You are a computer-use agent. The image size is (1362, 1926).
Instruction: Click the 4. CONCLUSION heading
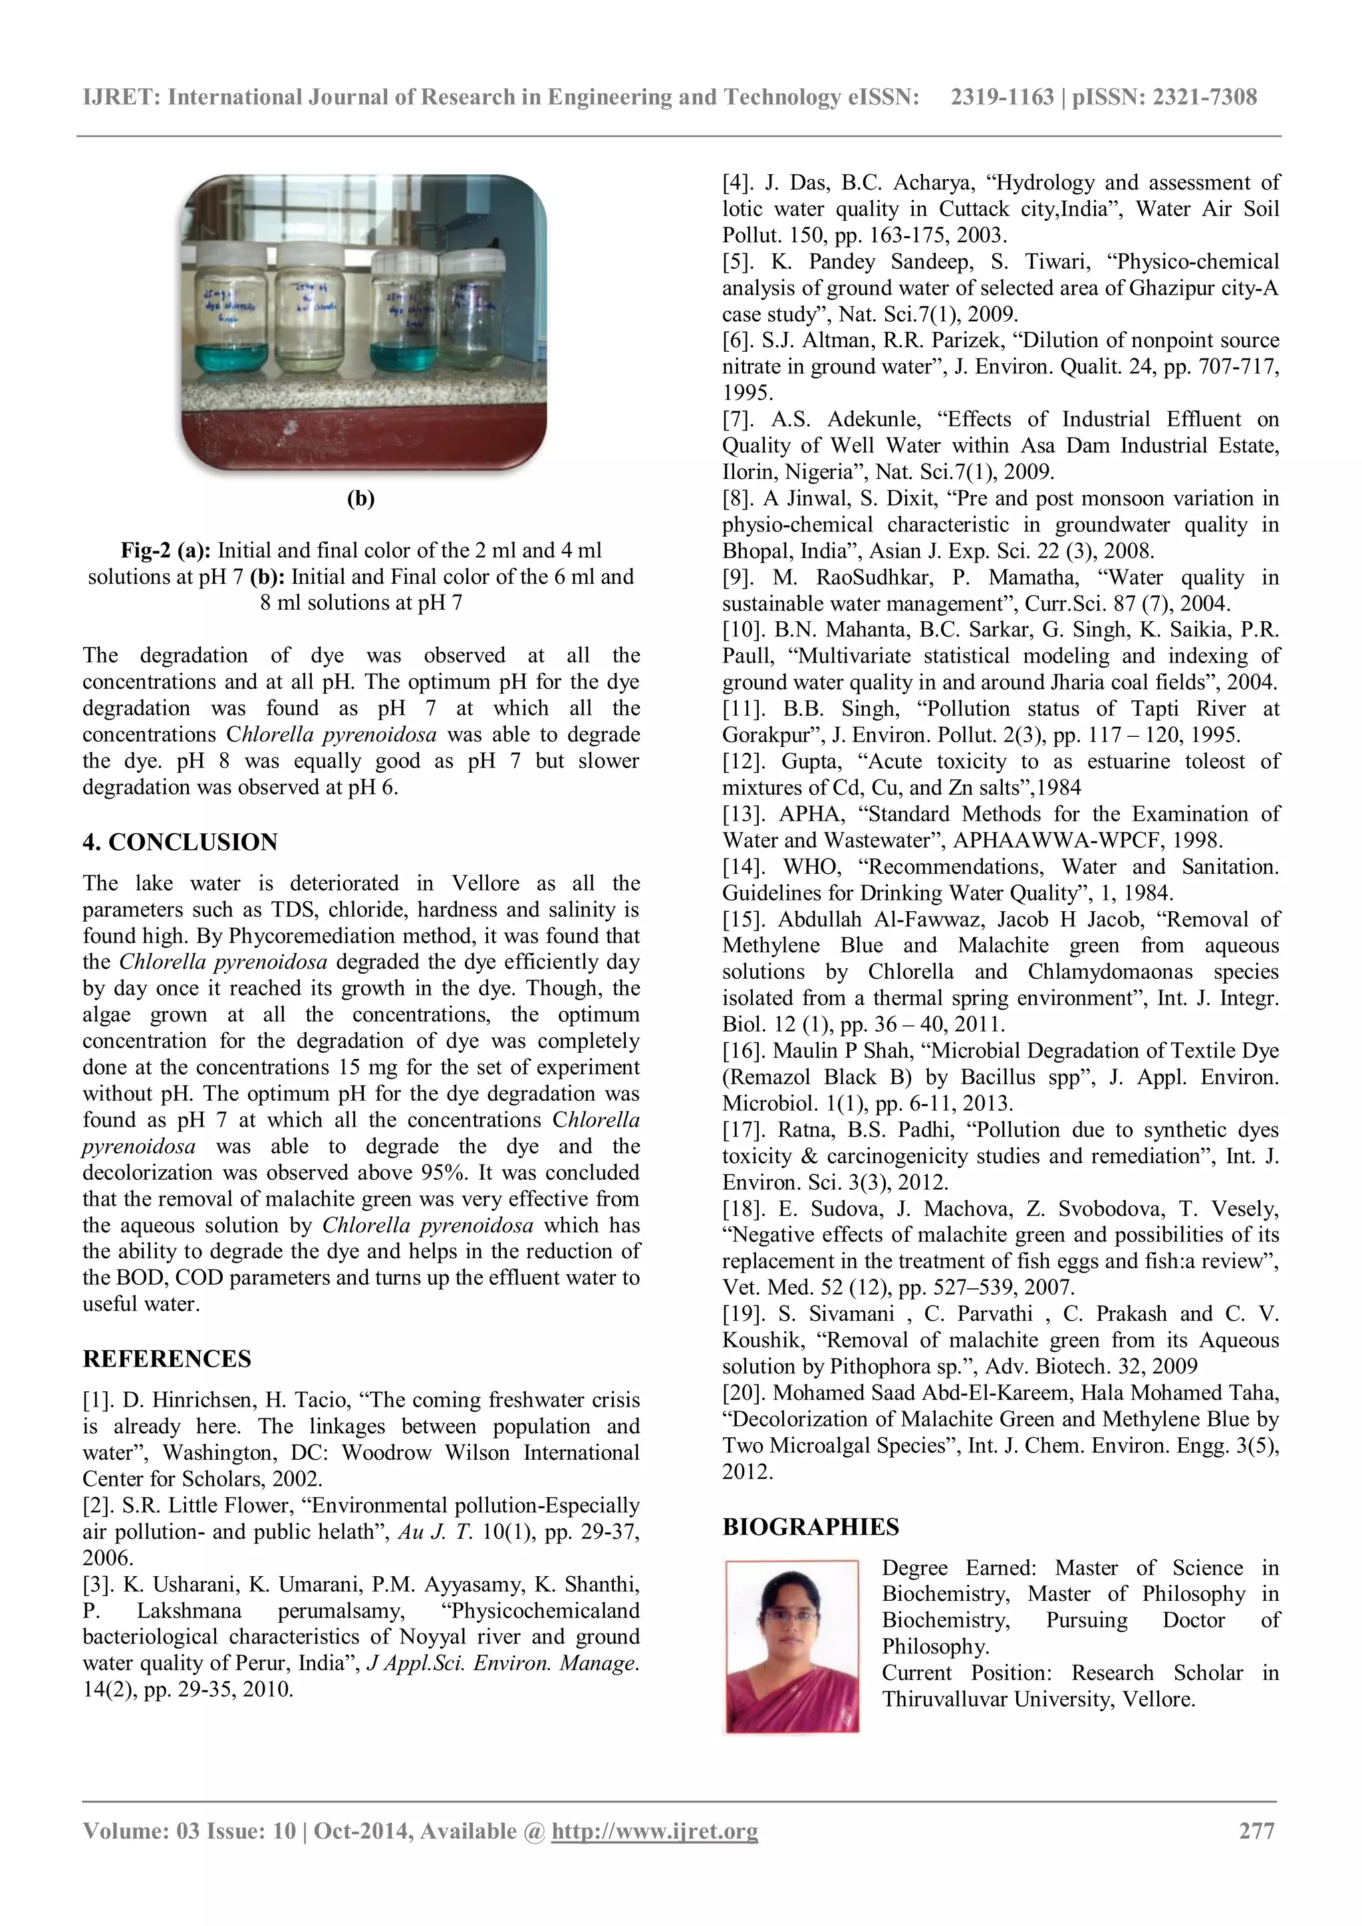click(180, 842)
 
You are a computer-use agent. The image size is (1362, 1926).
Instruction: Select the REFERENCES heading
click(166, 1359)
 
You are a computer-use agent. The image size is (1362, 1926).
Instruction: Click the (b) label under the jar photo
click(360, 498)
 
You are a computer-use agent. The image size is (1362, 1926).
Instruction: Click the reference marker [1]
click(99, 1400)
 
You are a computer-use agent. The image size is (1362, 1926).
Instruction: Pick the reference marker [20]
click(745, 1393)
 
